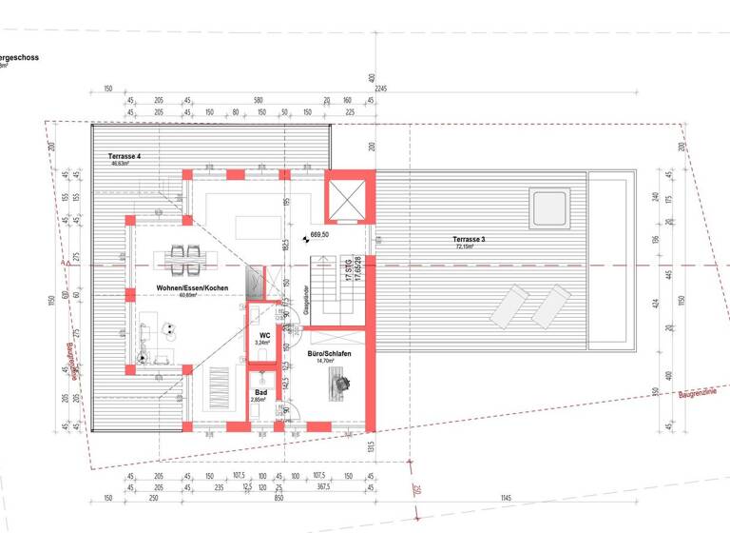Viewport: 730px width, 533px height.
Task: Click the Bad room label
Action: point(259,391)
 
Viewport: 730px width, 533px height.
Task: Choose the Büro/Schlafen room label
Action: point(329,354)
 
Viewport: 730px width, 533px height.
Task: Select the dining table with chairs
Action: point(184,258)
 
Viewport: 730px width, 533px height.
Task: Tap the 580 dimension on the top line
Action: point(258,99)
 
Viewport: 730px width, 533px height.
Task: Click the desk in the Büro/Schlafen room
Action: point(338,384)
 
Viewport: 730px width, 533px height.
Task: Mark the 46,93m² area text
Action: point(121,164)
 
